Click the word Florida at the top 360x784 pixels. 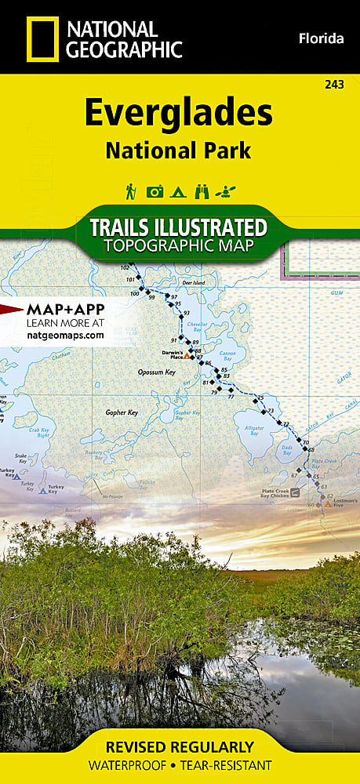(322, 38)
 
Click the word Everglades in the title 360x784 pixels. (179, 114)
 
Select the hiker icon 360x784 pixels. (131, 191)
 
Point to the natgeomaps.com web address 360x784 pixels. (65, 335)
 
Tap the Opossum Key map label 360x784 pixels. (156, 372)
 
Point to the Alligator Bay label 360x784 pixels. (254, 429)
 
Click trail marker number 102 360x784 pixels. (125, 268)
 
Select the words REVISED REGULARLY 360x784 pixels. (180, 746)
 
